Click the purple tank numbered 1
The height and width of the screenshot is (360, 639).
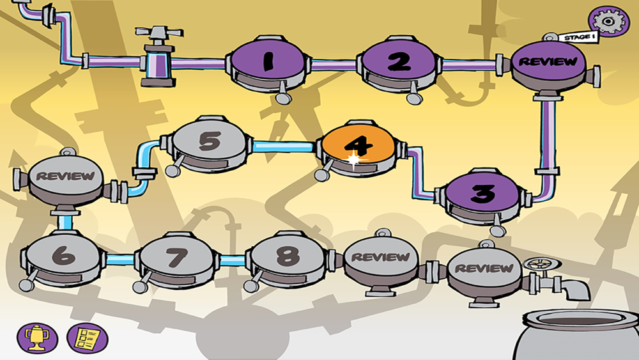267,62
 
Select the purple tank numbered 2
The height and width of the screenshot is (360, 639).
399,62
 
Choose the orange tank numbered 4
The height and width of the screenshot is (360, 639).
359,146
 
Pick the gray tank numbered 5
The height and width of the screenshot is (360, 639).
209,142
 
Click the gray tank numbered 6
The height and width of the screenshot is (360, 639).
63,256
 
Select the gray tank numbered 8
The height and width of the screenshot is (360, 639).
288,256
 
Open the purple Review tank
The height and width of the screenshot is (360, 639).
548,62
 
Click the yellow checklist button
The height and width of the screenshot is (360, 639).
87,336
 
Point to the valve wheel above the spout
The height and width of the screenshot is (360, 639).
534,263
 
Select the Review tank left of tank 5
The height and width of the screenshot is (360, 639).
65,176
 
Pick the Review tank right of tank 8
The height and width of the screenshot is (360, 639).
381,257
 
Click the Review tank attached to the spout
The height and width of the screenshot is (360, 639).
484,269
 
